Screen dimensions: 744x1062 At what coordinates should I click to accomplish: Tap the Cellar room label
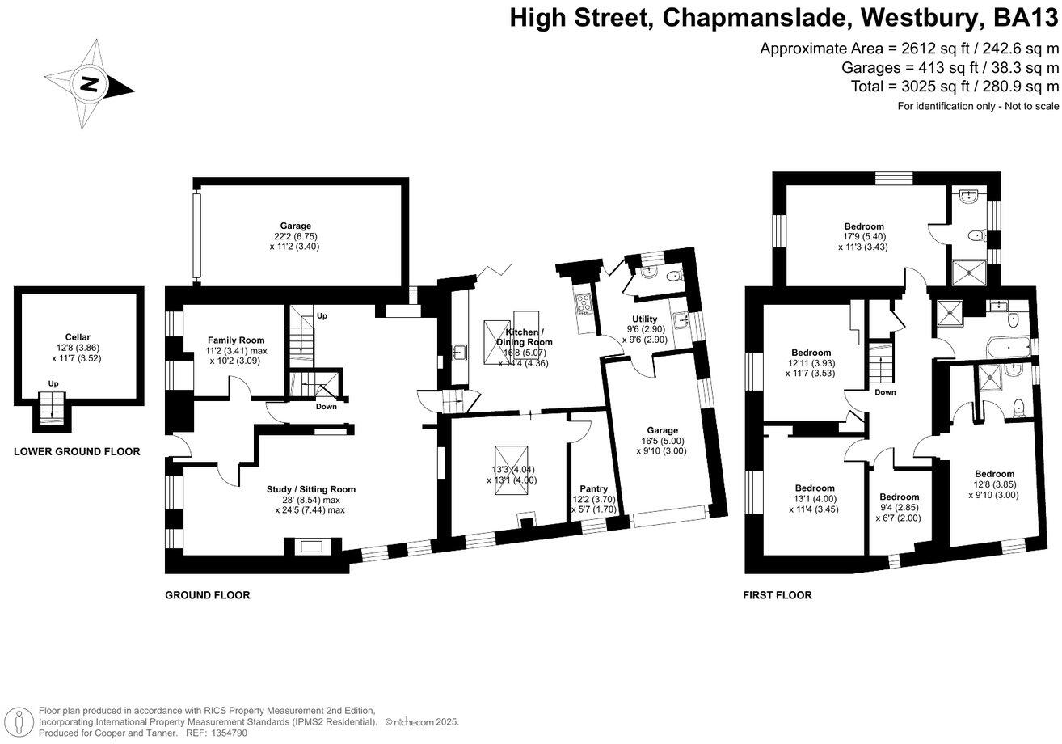tap(78, 336)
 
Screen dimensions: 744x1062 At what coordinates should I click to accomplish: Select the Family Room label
tap(235, 340)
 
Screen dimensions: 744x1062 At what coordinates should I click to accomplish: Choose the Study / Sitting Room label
tap(311, 489)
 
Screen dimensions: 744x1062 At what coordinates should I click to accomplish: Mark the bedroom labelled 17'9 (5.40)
tap(864, 226)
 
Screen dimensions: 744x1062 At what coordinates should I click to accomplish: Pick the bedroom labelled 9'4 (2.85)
tap(899, 497)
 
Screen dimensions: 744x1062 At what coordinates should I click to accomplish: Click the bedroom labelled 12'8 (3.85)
tap(994, 474)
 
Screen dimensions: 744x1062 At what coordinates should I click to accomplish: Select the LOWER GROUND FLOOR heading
tap(77, 452)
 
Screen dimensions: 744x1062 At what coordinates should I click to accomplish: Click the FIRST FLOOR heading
tap(777, 595)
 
